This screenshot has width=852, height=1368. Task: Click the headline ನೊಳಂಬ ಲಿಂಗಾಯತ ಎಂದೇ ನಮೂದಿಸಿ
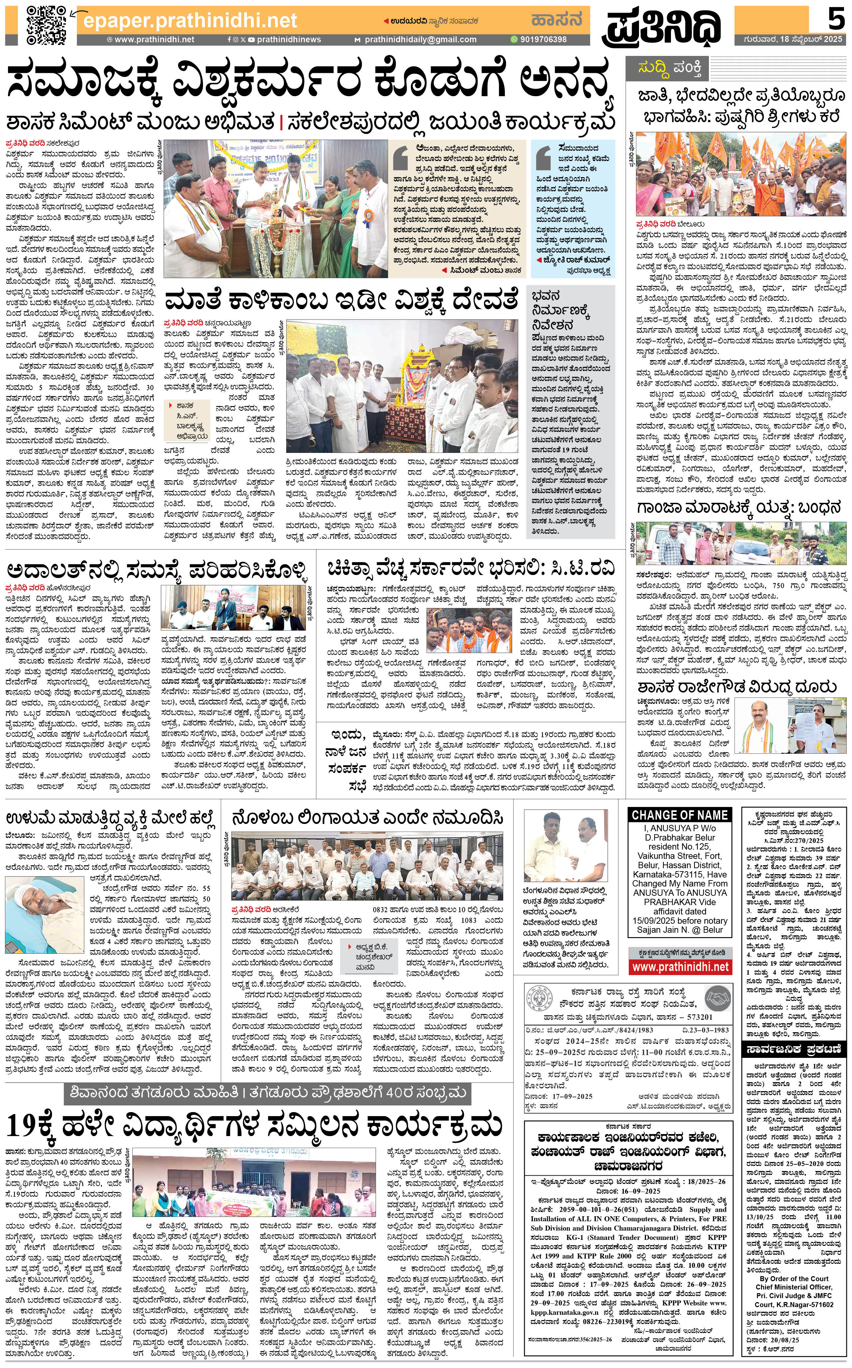[x=367, y=818]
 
